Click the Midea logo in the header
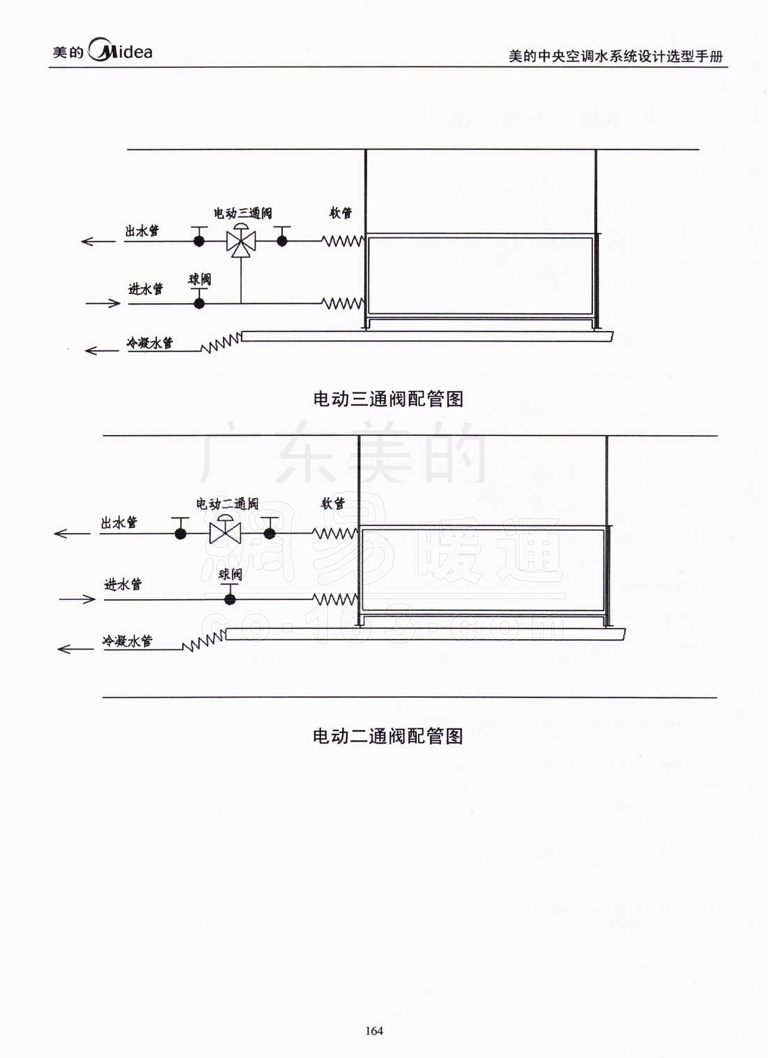103,51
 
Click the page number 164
374,1031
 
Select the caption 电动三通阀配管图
388,399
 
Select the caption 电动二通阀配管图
387,736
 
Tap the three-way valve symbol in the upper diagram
241,241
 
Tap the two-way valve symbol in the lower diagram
225,533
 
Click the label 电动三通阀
243,213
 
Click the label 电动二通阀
227,504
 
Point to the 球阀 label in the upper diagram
200,279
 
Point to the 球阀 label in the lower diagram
230,574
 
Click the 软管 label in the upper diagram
341,212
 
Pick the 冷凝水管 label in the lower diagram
127,640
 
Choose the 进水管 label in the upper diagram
145,288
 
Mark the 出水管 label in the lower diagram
119,522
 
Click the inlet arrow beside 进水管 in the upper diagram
103,303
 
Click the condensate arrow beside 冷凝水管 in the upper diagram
102,350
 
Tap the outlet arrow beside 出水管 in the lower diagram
72,534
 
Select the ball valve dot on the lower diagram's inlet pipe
230,599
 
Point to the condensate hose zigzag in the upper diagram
221,343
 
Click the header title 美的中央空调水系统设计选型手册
615,56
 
